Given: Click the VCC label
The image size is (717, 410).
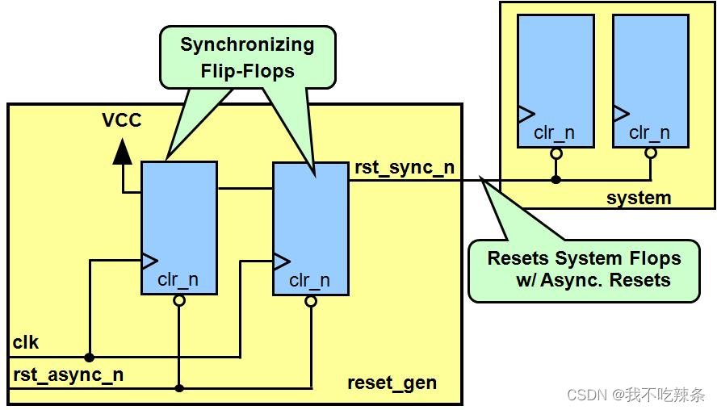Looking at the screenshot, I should [122, 120].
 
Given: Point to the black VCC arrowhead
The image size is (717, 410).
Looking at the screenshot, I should [122, 151].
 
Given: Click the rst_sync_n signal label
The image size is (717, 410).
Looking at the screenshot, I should [405, 168].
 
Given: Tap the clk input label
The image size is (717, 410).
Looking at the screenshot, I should [26, 343].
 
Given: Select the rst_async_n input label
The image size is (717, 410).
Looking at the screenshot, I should [68, 374].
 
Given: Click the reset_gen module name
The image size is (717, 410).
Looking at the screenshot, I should [392, 383].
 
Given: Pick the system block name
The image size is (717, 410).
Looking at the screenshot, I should [639, 197].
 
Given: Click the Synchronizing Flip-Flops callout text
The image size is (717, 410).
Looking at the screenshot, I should [247, 57].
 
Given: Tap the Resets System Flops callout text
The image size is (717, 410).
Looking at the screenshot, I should [584, 270].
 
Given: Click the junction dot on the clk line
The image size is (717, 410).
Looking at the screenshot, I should [90, 357].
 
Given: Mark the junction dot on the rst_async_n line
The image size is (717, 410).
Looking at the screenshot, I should [179, 388].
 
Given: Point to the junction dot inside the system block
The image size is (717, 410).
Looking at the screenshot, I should [556, 179].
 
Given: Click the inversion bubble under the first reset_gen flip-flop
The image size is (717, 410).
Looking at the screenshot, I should [179, 300].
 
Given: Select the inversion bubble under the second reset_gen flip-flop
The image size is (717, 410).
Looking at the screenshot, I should [311, 301].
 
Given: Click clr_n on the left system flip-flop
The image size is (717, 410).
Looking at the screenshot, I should [554, 133].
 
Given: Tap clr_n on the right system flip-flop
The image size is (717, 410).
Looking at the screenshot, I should [649, 133].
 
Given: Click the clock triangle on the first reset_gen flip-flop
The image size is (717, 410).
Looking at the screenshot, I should [149, 260].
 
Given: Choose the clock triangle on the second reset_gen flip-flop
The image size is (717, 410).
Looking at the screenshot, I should [281, 261].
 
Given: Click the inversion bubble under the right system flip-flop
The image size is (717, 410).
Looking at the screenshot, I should [651, 152].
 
